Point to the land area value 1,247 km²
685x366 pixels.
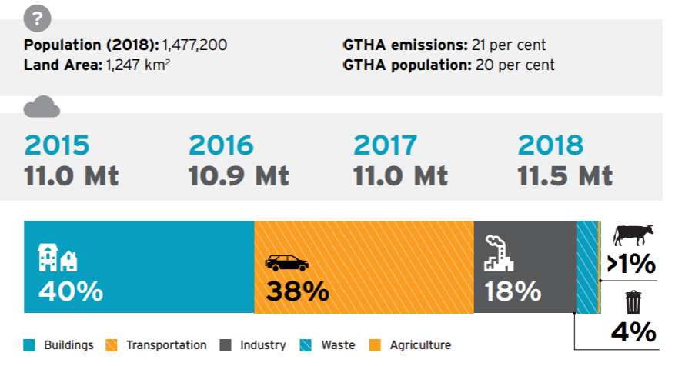tap(135, 65)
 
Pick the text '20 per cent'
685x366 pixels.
tap(515, 65)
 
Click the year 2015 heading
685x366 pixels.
tap(57, 145)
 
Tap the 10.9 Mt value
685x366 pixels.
tap(239, 175)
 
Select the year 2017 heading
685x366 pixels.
tap(386, 145)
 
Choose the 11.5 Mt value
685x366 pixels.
tap(566, 175)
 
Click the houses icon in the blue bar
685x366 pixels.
tap(58, 258)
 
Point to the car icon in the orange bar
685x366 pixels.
tap(286, 264)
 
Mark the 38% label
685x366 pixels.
tap(297, 292)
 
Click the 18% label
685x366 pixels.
tap(513, 292)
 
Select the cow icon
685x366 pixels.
tap(633, 234)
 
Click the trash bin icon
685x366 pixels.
tap(633, 302)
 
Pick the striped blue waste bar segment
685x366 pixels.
tap(586, 267)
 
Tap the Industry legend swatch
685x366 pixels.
tap(226, 345)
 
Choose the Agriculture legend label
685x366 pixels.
tap(420, 345)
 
